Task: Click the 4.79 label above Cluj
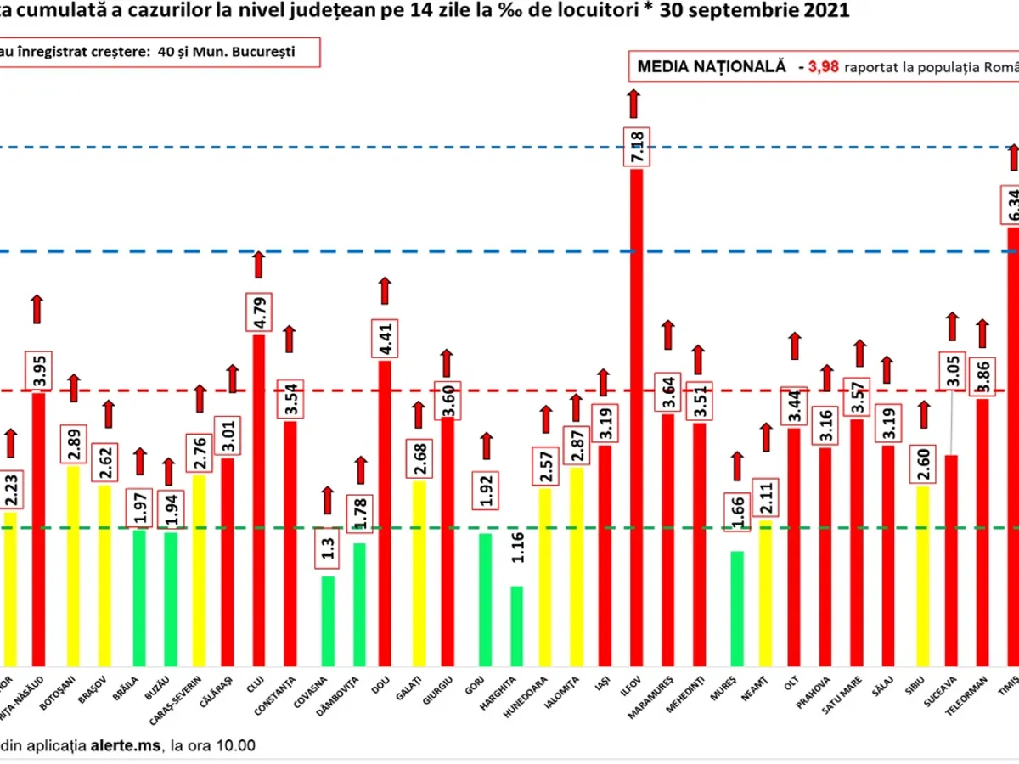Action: click(x=259, y=313)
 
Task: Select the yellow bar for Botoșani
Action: click(x=74, y=565)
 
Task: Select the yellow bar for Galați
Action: click(x=419, y=573)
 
